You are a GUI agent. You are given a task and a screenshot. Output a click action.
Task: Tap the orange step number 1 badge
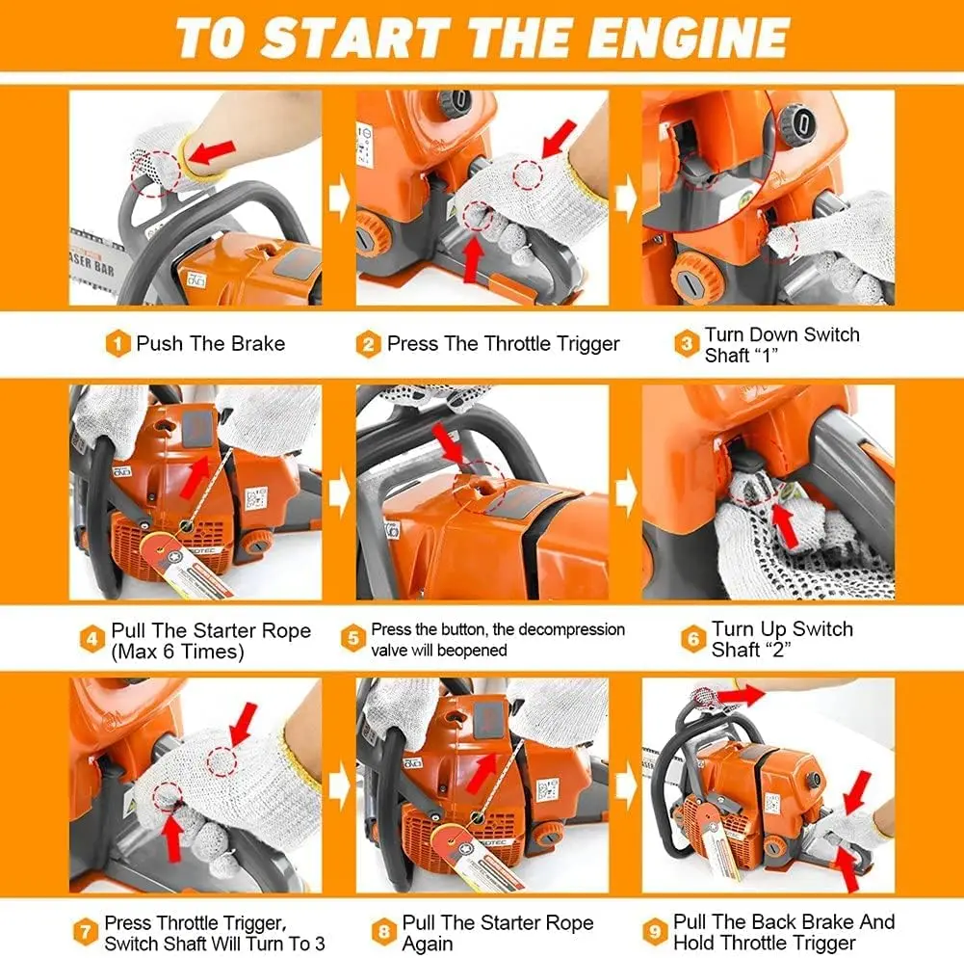point(117,343)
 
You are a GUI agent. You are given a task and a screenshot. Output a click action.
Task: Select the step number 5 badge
point(352,639)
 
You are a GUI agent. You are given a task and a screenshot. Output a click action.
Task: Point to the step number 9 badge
point(656,931)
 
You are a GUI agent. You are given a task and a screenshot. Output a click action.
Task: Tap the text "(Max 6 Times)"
point(177,651)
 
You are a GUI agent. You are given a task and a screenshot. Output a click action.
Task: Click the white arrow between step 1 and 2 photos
point(339,199)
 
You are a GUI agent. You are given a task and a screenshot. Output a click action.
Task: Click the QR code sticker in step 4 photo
point(256,496)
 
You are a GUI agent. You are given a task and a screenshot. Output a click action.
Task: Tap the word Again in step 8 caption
point(428,944)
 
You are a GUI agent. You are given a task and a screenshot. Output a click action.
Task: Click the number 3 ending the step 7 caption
point(320,943)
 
